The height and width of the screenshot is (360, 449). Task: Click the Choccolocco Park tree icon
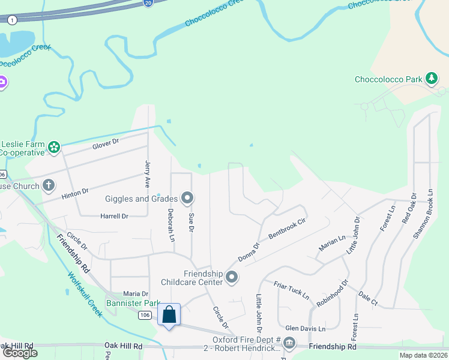pos(430,78)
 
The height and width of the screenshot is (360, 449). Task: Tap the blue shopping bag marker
pos(169,314)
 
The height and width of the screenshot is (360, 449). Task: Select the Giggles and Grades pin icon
pos(187,197)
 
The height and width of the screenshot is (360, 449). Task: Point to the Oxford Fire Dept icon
pos(289,343)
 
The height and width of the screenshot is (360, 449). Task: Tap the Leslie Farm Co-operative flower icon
pos(54,147)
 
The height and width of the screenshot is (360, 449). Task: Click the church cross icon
pos(48,185)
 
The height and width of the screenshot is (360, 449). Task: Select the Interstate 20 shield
pos(149,3)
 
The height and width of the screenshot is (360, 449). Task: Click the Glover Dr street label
pos(106,144)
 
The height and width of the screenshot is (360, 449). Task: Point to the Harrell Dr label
pos(114,216)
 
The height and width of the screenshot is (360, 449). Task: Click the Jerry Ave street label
pos(147,175)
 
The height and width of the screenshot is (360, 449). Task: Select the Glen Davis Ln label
pos(305,329)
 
